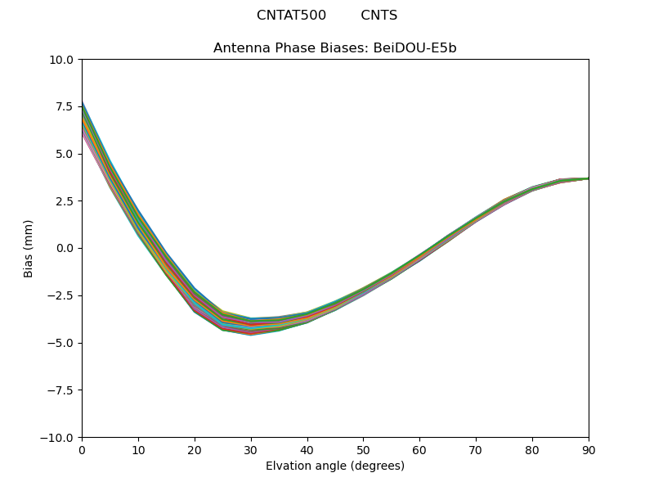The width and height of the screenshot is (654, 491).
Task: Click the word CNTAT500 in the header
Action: (291, 16)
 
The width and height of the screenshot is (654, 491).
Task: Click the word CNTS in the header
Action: (379, 16)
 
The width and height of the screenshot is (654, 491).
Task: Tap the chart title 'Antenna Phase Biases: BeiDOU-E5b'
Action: (335, 48)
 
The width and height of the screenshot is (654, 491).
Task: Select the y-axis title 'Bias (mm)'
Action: (29, 248)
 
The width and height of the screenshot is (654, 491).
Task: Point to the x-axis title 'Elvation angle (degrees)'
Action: (335, 466)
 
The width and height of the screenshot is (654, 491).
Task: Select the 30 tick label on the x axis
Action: (251, 450)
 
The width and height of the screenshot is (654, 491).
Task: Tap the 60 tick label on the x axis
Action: (419, 450)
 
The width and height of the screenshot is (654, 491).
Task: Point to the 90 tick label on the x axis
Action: (589, 450)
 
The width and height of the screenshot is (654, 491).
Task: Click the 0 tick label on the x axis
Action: (82, 450)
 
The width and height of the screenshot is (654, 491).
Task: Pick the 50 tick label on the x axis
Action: (363, 450)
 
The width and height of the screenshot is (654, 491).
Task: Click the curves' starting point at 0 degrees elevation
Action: (83, 119)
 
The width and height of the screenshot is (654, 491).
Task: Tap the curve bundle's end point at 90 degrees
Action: (588, 178)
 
